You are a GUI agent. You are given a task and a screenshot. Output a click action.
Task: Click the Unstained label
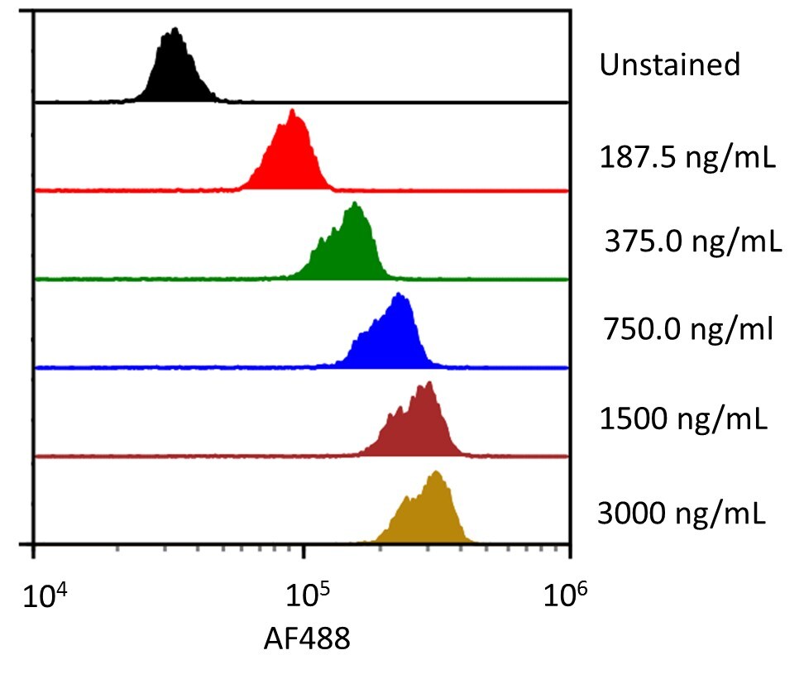669,65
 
